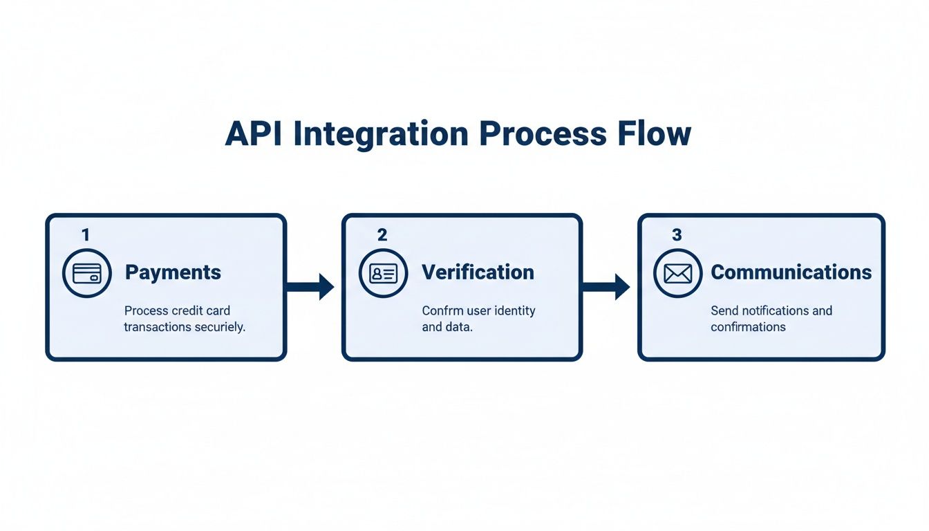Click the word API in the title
tap(254, 133)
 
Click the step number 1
tap(86, 235)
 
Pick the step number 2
tap(382, 235)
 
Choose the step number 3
tap(677, 235)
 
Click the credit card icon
tap(86, 273)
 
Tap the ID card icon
tap(383, 273)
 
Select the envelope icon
tap(677, 273)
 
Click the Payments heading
tap(173, 272)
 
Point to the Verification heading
tap(478, 272)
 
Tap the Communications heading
tap(791, 272)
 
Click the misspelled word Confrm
tap(442, 311)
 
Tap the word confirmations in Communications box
tap(748, 327)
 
